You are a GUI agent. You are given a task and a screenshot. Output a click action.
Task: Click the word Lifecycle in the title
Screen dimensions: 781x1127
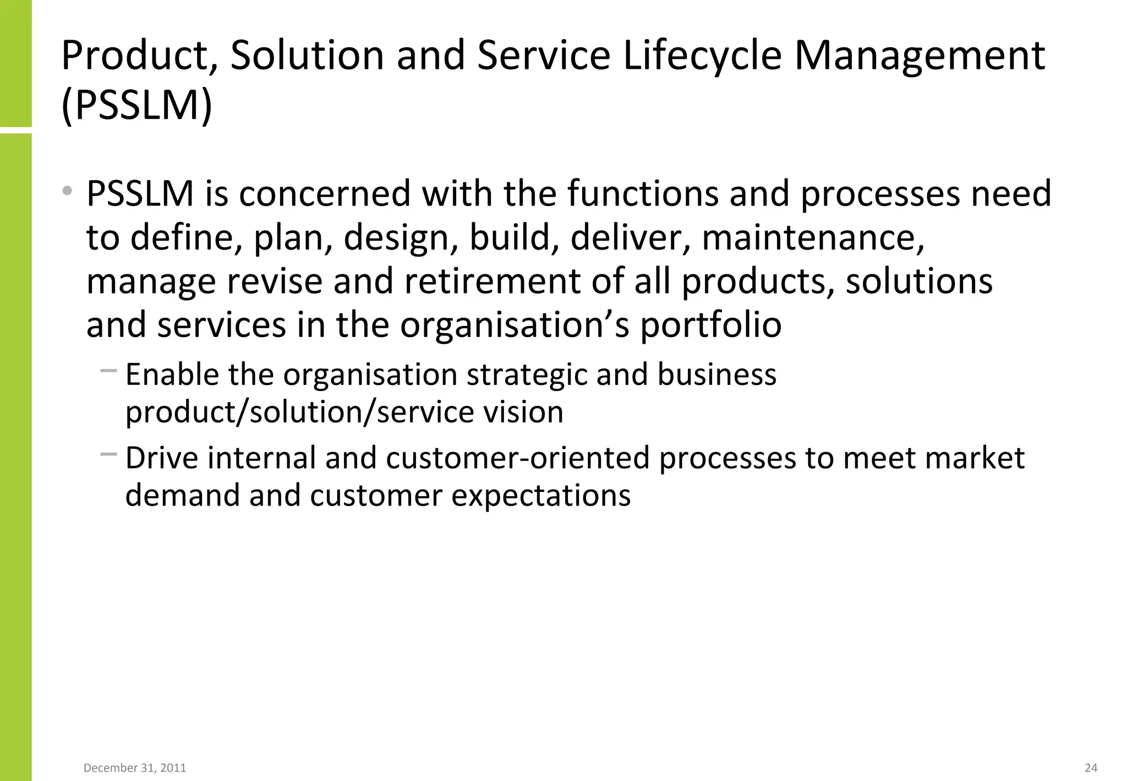pyautogui.click(x=702, y=56)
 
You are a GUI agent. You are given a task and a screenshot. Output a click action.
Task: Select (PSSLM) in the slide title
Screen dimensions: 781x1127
pyautogui.click(x=136, y=105)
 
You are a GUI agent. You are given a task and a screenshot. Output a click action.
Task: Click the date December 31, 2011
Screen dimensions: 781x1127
pyautogui.click(x=135, y=768)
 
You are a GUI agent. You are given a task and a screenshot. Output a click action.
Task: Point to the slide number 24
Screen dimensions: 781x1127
pyautogui.click(x=1091, y=768)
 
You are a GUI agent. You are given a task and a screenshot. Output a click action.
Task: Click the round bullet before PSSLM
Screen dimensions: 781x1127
pyautogui.click(x=67, y=191)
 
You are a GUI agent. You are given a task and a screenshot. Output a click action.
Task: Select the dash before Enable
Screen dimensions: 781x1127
pyautogui.click(x=108, y=371)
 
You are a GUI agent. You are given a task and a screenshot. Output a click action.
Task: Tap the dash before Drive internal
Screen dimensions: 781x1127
pyautogui.click(x=108, y=454)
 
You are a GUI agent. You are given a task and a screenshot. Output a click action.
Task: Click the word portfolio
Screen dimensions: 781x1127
pyautogui.click(x=710, y=325)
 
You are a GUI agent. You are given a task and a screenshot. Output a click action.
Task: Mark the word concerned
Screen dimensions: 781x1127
pyautogui.click(x=325, y=194)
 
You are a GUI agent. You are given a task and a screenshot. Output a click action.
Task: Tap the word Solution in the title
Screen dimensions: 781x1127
pyautogui.click(x=307, y=56)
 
